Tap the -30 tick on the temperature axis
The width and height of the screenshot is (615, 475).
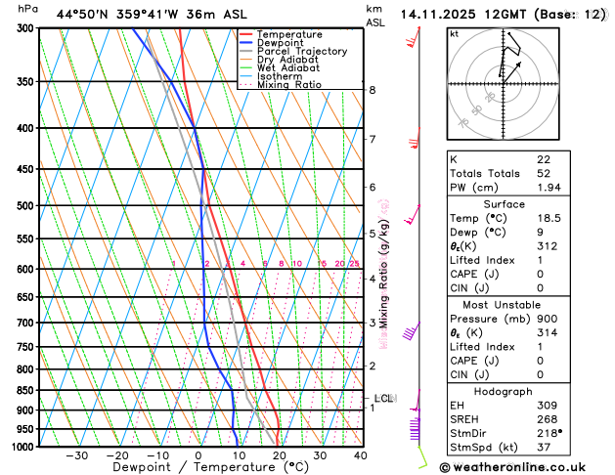click(x=76, y=455)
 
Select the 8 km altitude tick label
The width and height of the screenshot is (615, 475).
click(x=373, y=90)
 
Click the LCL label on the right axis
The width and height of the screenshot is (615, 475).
click(x=383, y=398)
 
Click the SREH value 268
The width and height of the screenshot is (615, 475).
click(x=547, y=419)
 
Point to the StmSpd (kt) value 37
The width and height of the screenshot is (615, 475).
click(x=545, y=447)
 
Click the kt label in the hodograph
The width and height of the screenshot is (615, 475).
click(x=454, y=33)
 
